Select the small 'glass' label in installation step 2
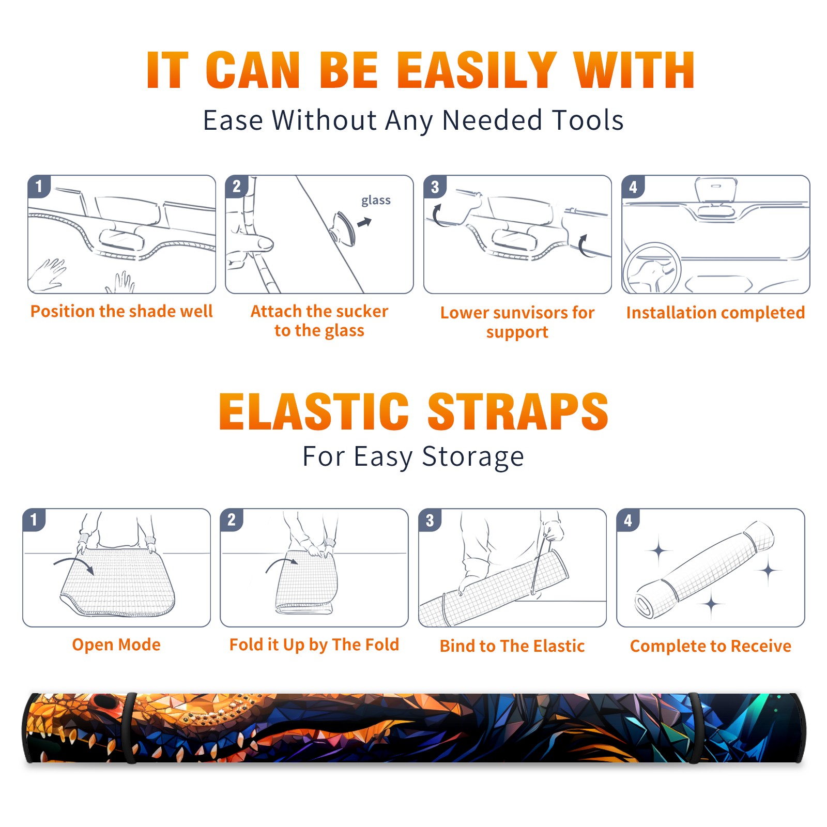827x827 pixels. [x=376, y=201]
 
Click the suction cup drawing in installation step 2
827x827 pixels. [x=343, y=228]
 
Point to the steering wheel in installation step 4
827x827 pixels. [x=652, y=268]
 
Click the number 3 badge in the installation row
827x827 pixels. [x=435, y=187]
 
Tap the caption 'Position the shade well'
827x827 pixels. [x=121, y=311]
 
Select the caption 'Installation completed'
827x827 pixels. [x=715, y=312]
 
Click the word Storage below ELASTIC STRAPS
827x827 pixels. [x=473, y=457]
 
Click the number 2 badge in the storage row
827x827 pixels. [x=231, y=519]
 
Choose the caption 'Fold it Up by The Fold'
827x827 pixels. [x=314, y=645]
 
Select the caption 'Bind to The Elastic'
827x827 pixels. [x=512, y=646]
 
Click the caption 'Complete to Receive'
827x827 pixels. [x=711, y=646]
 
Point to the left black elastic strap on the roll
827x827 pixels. [x=130, y=728]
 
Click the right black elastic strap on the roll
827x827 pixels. [x=695, y=728]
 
